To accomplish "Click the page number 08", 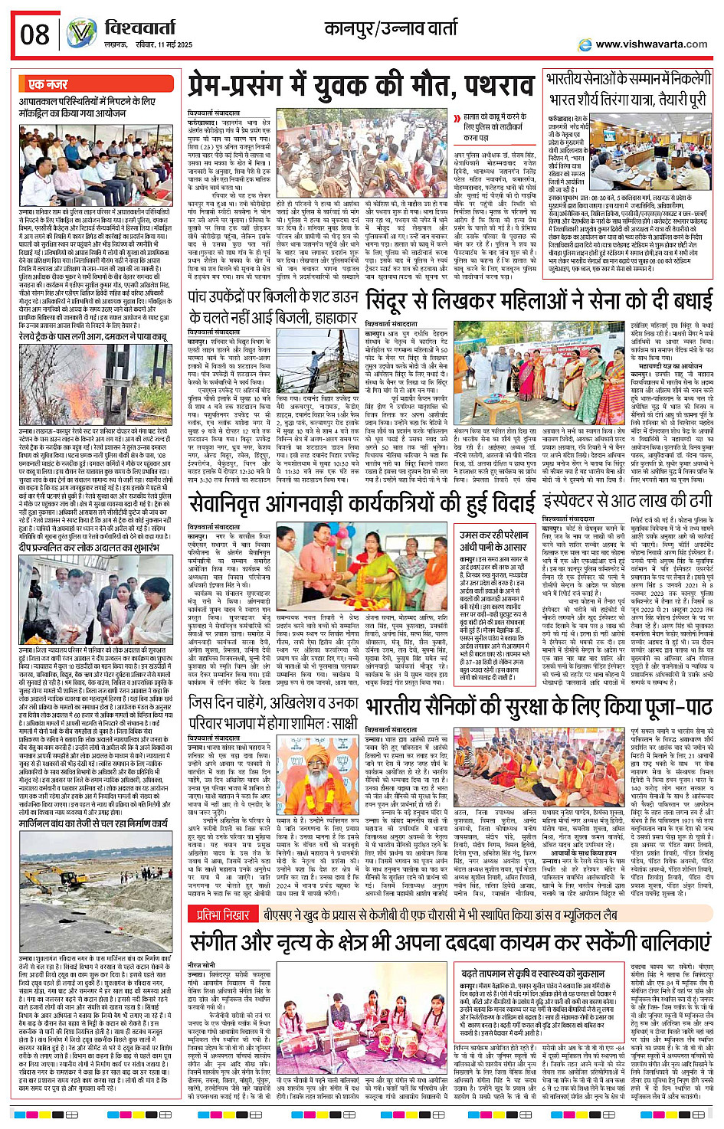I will [x=34, y=34].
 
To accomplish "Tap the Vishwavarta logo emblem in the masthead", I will [x=81, y=34].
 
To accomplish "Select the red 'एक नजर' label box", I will [x=48, y=84].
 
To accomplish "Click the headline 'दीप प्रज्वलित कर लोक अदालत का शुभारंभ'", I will [x=92, y=548].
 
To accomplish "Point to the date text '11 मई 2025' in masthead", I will [x=173, y=45].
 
